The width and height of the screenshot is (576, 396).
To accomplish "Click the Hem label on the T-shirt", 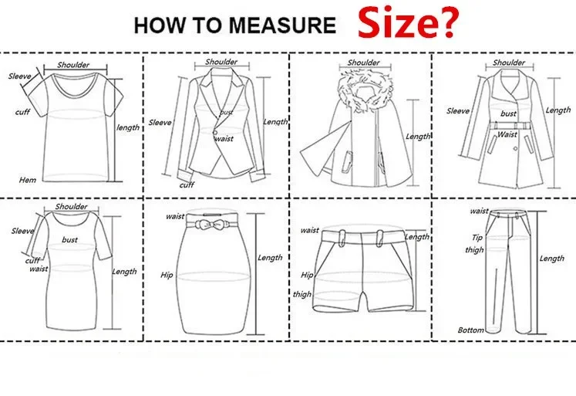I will pos(29,179).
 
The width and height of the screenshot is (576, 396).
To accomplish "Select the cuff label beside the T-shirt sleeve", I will pos(23,113).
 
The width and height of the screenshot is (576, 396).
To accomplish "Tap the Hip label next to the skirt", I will pos(167,274).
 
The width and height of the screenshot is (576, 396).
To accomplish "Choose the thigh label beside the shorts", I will pos(301,294).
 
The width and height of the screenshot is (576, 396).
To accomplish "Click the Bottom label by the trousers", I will pos(470,330).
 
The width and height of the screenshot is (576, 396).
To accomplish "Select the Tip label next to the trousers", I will pos(477,238).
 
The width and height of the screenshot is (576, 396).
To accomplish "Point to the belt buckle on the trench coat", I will pos(508,124).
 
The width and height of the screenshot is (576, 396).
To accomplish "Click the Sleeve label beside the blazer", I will pos(160,122).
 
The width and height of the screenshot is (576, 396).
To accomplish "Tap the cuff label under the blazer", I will pos(187,184).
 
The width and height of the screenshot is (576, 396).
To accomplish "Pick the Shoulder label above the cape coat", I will pos(363,63).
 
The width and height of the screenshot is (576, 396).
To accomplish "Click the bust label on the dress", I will pos(69,240).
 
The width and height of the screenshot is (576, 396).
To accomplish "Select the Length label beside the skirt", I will pos(270,258).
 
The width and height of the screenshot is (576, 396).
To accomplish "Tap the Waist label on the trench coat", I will pos(507,134).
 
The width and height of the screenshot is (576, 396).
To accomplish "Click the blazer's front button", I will pos(217,134).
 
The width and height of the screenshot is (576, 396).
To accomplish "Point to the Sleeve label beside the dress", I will pos(22,230).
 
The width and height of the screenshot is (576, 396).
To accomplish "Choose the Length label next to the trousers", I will pos(551,259).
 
